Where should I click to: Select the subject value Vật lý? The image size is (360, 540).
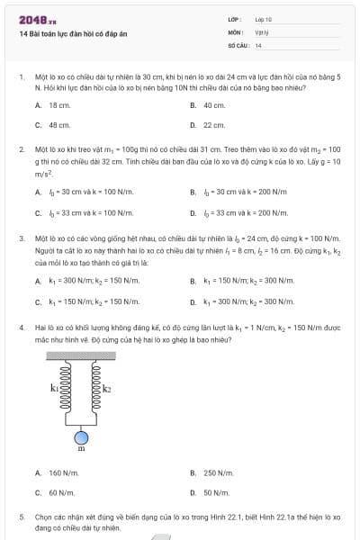(x=262, y=31)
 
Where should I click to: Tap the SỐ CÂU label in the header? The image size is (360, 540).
(x=238, y=44)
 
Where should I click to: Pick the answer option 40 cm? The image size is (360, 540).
(x=213, y=105)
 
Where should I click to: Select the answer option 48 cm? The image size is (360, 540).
(x=59, y=125)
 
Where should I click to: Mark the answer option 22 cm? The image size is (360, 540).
(x=213, y=125)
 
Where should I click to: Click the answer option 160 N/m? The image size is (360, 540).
(x=63, y=472)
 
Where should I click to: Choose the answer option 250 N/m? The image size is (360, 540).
(x=218, y=472)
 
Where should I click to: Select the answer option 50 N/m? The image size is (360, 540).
(x=216, y=492)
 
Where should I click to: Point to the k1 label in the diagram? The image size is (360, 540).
(x=55, y=388)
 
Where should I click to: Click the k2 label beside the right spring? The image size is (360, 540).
(x=107, y=388)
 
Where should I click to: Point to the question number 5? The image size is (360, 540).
(x=21, y=518)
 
